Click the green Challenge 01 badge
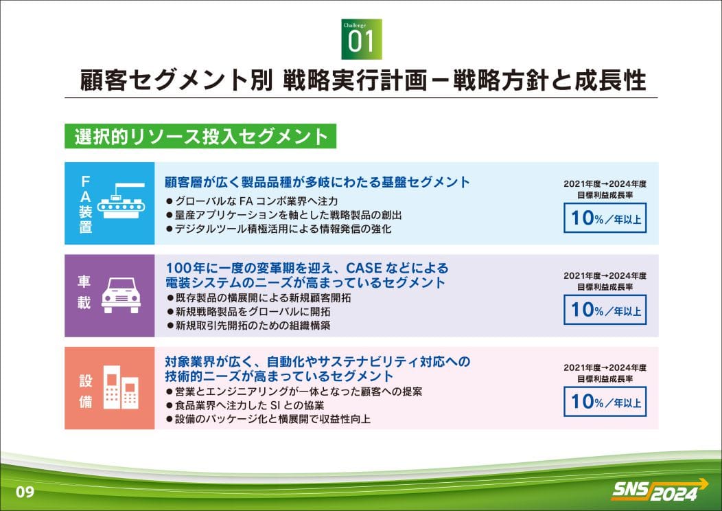pos(362,39)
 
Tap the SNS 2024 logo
pos(660,490)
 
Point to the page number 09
pos(25,492)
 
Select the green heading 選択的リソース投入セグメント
pos(200,137)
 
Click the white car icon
pos(121,295)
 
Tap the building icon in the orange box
pos(121,387)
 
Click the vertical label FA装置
pos(85,204)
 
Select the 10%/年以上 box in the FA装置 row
pos(605,218)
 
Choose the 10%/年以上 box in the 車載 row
pos(605,310)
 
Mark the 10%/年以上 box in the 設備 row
pos(605,401)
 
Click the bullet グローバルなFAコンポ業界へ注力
pos(252,201)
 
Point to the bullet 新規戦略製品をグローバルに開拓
pos(248,312)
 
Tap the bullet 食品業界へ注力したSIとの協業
pos(245,405)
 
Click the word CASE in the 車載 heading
pos(364,268)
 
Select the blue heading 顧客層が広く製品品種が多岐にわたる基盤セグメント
pos(317,183)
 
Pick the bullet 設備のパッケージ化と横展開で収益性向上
pos(268,419)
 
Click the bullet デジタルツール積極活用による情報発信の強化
pos(279,229)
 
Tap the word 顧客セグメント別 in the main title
pos(176,80)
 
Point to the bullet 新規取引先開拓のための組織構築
pos(248,326)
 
